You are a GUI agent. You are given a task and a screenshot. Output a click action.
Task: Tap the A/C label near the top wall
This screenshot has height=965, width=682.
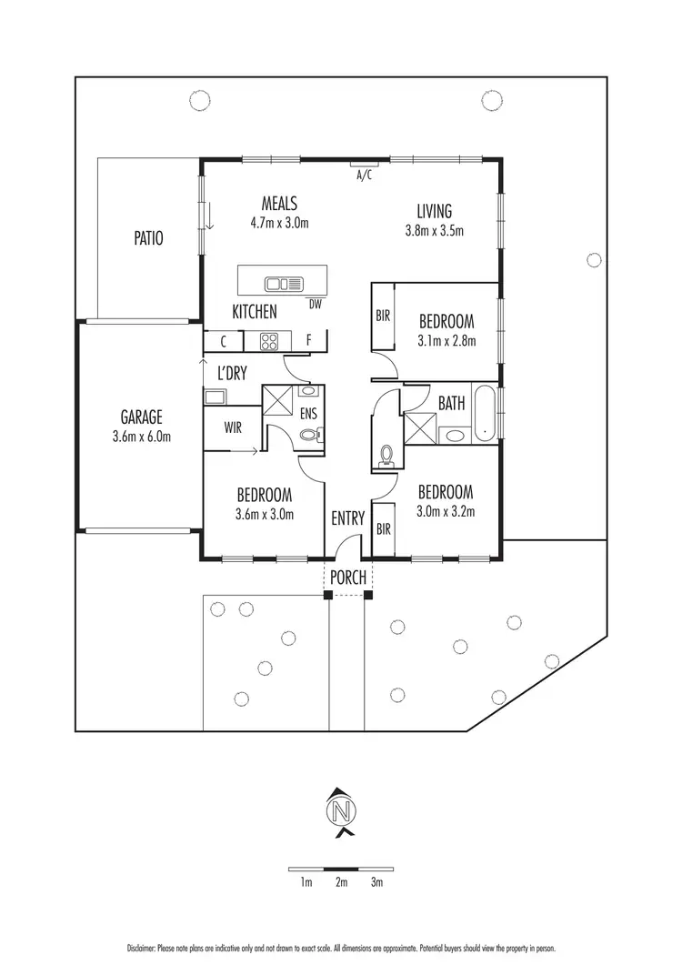click(x=365, y=175)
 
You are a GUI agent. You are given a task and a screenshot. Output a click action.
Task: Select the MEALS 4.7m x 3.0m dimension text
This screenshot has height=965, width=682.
click(x=279, y=222)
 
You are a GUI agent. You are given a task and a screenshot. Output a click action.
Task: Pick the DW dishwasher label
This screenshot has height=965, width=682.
click(x=316, y=304)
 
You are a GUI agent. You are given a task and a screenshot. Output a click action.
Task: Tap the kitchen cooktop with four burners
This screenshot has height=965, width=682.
click(x=269, y=342)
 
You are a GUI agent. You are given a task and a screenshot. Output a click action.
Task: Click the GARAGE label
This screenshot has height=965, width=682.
click(x=141, y=417)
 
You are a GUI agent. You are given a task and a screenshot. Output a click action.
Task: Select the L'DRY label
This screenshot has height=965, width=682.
click(x=233, y=372)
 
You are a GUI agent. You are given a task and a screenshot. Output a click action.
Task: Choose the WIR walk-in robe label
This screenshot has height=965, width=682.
click(x=233, y=427)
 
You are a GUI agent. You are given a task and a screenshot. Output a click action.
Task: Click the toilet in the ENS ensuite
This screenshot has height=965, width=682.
click(x=309, y=436)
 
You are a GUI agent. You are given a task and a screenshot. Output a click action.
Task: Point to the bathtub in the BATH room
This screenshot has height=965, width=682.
click(x=485, y=411)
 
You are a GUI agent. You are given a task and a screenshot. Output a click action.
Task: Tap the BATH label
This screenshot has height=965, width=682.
click(x=452, y=402)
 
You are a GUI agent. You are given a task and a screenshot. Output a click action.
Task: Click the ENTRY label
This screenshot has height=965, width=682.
click(x=347, y=518)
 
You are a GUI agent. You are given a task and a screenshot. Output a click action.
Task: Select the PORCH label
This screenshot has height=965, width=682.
click(x=347, y=577)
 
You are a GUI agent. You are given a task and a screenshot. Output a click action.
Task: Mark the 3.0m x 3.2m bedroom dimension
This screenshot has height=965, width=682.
click(x=446, y=511)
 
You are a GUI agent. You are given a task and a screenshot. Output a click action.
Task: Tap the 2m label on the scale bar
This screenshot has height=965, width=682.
click(x=341, y=882)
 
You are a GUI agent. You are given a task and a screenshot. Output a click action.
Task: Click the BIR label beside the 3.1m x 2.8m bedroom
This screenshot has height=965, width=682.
click(x=383, y=317)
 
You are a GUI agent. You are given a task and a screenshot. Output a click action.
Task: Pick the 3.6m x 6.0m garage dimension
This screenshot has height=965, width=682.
click(x=141, y=437)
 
